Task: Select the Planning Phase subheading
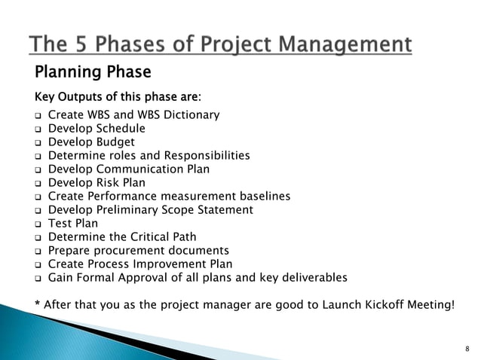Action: tap(93, 72)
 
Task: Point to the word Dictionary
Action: tap(191, 115)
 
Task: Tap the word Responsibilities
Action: tap(207, 156)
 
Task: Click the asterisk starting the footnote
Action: tap(38, 304)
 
